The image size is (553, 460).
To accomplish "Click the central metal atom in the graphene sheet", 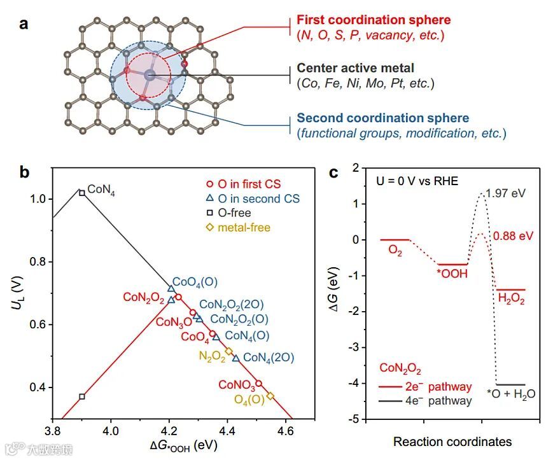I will click(x=150, y=75).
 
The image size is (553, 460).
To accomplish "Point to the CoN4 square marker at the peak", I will click(x=82, y=192).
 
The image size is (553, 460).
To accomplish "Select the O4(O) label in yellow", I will click(x=249, y=400).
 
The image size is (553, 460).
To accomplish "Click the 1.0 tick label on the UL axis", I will click(x=36, y=199).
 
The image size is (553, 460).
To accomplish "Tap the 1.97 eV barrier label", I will click(x=508, y=193).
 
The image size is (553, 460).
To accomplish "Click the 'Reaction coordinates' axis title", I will click(x=452, y=441).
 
